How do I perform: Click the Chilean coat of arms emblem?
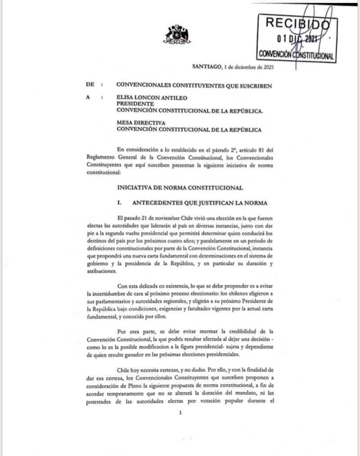click(177, 35)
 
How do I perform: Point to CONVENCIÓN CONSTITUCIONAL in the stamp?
click(296, 55)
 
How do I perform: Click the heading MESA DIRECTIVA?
click(140, 123)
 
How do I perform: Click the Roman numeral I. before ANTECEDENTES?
click(119, 203)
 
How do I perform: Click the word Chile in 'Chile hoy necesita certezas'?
click(124, 367)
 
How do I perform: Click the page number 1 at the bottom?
click(180, 414)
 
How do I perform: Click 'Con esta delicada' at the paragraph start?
click(136, 285)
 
